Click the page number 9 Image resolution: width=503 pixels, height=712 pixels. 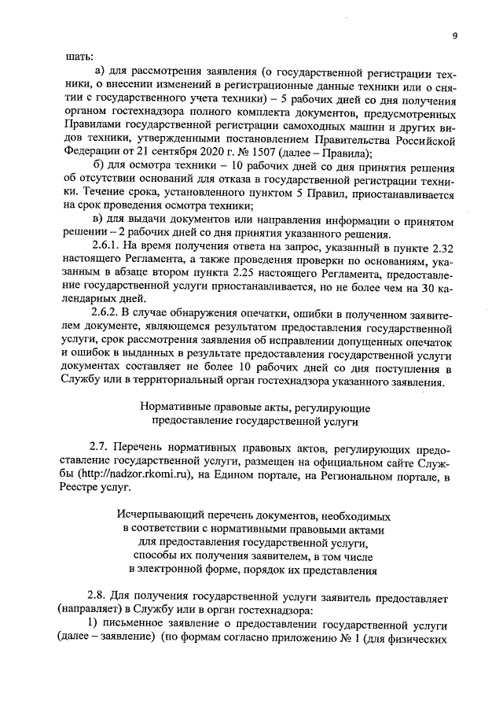(454, 36)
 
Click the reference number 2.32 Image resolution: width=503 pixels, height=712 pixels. (431, 248)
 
